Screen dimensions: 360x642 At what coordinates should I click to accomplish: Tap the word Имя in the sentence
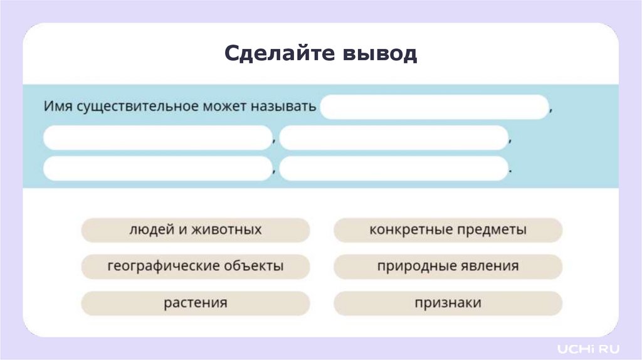(x=58, y=105)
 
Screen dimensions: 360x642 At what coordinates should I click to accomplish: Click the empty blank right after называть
(x=434, y=107)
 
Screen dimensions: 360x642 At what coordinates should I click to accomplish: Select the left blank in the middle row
(x=157, y=138)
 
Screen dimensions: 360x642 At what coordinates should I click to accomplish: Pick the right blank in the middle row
(x=393, y=138)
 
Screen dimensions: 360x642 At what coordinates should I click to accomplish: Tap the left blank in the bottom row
(x=157, y=168)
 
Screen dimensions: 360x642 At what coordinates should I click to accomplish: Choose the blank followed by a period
(x=393, y=168)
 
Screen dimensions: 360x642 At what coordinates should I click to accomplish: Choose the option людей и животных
(x=195, y=230)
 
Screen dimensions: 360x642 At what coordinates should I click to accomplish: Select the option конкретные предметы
(x=448, y=230)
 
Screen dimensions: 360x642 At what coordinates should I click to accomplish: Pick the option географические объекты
(x=195, y=266)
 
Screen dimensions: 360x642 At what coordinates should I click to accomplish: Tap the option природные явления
(x=448, y=266)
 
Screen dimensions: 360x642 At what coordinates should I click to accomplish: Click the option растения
(x=195, y=303)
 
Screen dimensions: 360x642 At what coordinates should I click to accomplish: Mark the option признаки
(x=448, y=303)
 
